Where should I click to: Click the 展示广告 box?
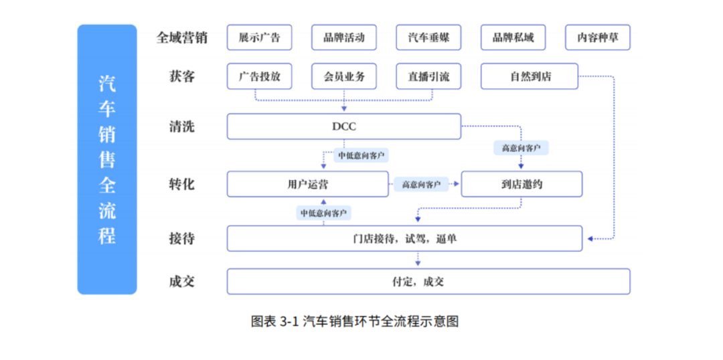click(259, 37)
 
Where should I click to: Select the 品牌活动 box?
click(344, 37)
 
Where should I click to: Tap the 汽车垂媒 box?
click(428, 37)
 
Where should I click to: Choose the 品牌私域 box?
click(513, 37)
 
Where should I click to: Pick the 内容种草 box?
click(598, 37)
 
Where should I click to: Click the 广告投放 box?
click(259, 76)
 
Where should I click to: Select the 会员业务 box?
click(344, 76)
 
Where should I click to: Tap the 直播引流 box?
click(428, 76)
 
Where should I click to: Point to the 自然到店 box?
click(530, 76)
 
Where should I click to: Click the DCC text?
click(344, 126)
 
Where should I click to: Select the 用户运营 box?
click(307, 184)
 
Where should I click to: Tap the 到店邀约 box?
click(521, 184)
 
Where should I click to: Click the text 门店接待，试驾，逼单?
click(404, 238)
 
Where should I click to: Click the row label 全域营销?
click(181, 37)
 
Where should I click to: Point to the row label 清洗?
click(181, 126)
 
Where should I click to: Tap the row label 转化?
click(181, 184)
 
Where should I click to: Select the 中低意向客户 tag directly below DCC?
click(361, 155)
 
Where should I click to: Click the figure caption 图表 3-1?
click(274, 321)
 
